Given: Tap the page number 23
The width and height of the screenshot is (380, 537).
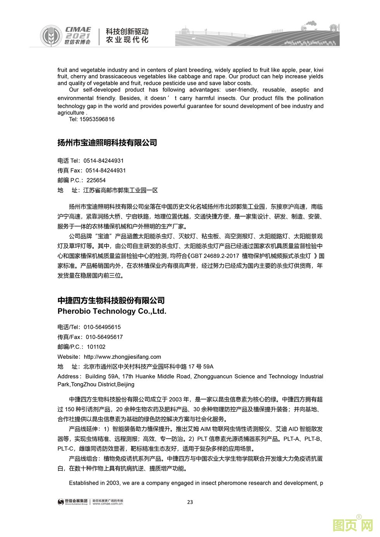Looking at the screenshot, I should tap(190, 502).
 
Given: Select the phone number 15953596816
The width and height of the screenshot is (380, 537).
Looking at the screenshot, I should tap(97, 119).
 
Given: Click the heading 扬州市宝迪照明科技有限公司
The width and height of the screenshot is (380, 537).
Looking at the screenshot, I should tap(107, 143).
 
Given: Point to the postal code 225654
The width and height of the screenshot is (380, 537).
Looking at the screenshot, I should tap(96, 180).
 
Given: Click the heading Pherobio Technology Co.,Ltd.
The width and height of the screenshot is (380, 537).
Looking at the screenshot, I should tap(112, 311).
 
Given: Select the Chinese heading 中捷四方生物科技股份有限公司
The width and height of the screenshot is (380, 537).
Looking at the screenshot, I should tap(111, 301).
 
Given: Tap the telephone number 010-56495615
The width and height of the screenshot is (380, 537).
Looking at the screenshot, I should tap(102, 327).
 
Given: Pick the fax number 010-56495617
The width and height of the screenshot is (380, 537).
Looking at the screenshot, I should tap(104, 337).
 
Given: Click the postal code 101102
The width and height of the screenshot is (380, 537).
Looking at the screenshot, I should tap(96, 347).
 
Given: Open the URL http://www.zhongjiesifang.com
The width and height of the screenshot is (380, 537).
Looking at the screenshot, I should tap(122, 357).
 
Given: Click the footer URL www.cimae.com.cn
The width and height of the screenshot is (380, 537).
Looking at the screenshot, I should tap(108, 504).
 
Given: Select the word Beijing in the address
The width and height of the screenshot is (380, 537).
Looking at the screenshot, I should tap(125, 384).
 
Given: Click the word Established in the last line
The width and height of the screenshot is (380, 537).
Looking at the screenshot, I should tap(83, 483).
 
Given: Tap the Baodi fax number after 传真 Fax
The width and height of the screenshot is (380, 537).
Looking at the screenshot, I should tap(105, 170).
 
